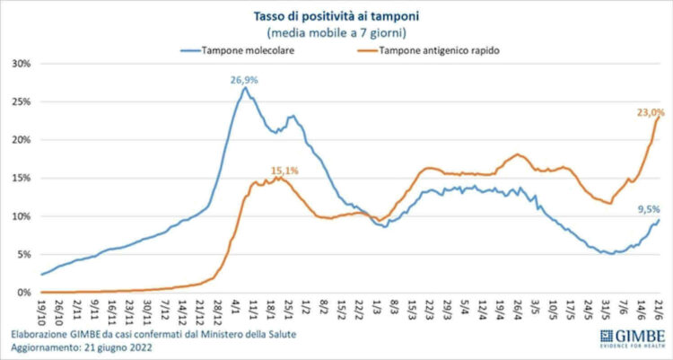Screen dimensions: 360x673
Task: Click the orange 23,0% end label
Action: coord(650,112)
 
